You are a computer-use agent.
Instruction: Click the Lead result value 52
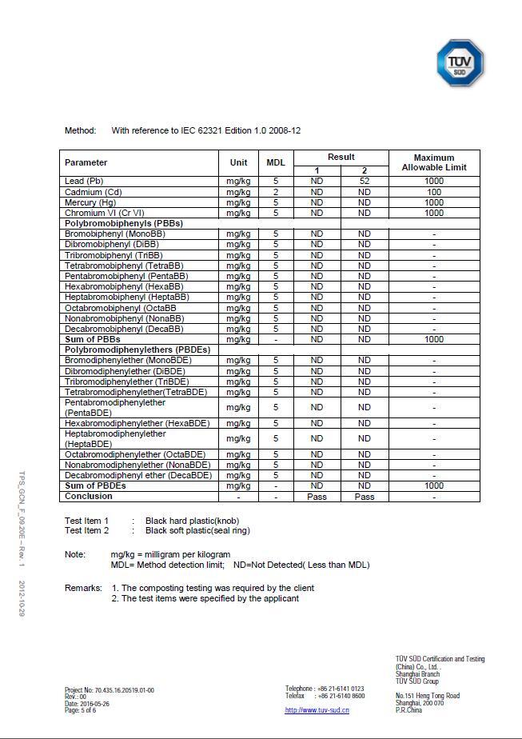pos(365,182)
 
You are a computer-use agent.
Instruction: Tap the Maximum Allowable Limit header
pos(434,162)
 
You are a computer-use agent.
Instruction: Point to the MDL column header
pos(276,162)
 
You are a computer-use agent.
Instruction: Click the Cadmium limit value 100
pos(434,192)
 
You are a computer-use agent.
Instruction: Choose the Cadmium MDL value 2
pos(276,192)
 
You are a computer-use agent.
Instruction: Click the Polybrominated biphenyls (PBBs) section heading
pos(124,224)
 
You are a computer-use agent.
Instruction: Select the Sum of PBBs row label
pos(92,339)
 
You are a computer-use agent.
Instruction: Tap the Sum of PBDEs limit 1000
pos(434,485)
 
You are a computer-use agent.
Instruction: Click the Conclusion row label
pos(88,497)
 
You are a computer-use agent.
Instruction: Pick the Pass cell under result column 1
pos(317,497)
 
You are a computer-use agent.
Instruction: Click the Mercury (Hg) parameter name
pos(90,202)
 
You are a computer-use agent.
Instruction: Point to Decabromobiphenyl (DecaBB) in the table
pos(124,329)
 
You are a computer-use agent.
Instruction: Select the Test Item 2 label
pos(86,530)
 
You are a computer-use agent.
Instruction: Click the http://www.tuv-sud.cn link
pos(317,710)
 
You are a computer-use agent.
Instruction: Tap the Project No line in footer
pos(110,690)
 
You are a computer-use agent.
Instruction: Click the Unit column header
pos(238,162)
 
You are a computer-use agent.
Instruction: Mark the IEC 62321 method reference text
pos(206,130)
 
